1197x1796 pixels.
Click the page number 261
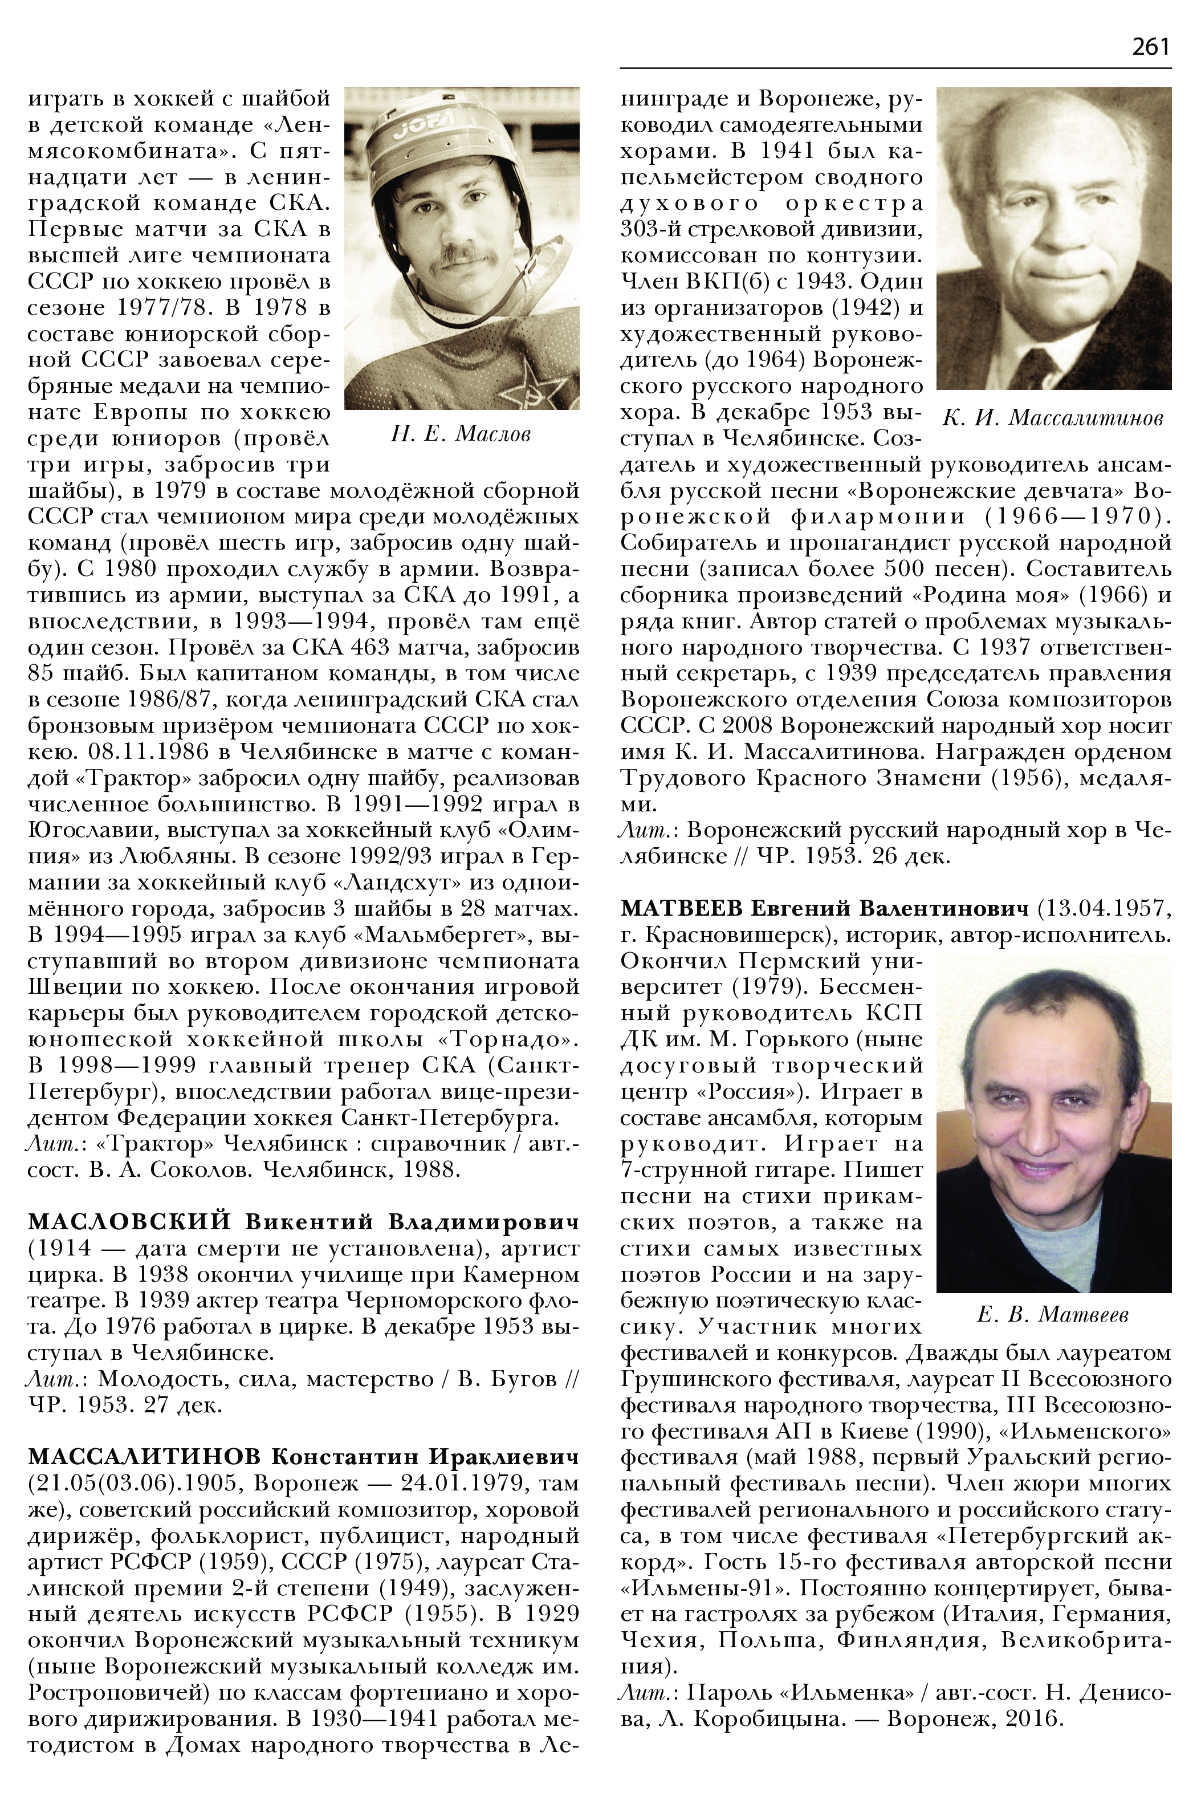click(x=1150, y=47)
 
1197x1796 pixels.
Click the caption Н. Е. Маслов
click(x=461, y=434)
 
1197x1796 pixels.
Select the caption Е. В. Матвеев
click(x=1053, y=1314)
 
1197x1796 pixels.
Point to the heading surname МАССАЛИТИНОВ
click(x=144, y=1457)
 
